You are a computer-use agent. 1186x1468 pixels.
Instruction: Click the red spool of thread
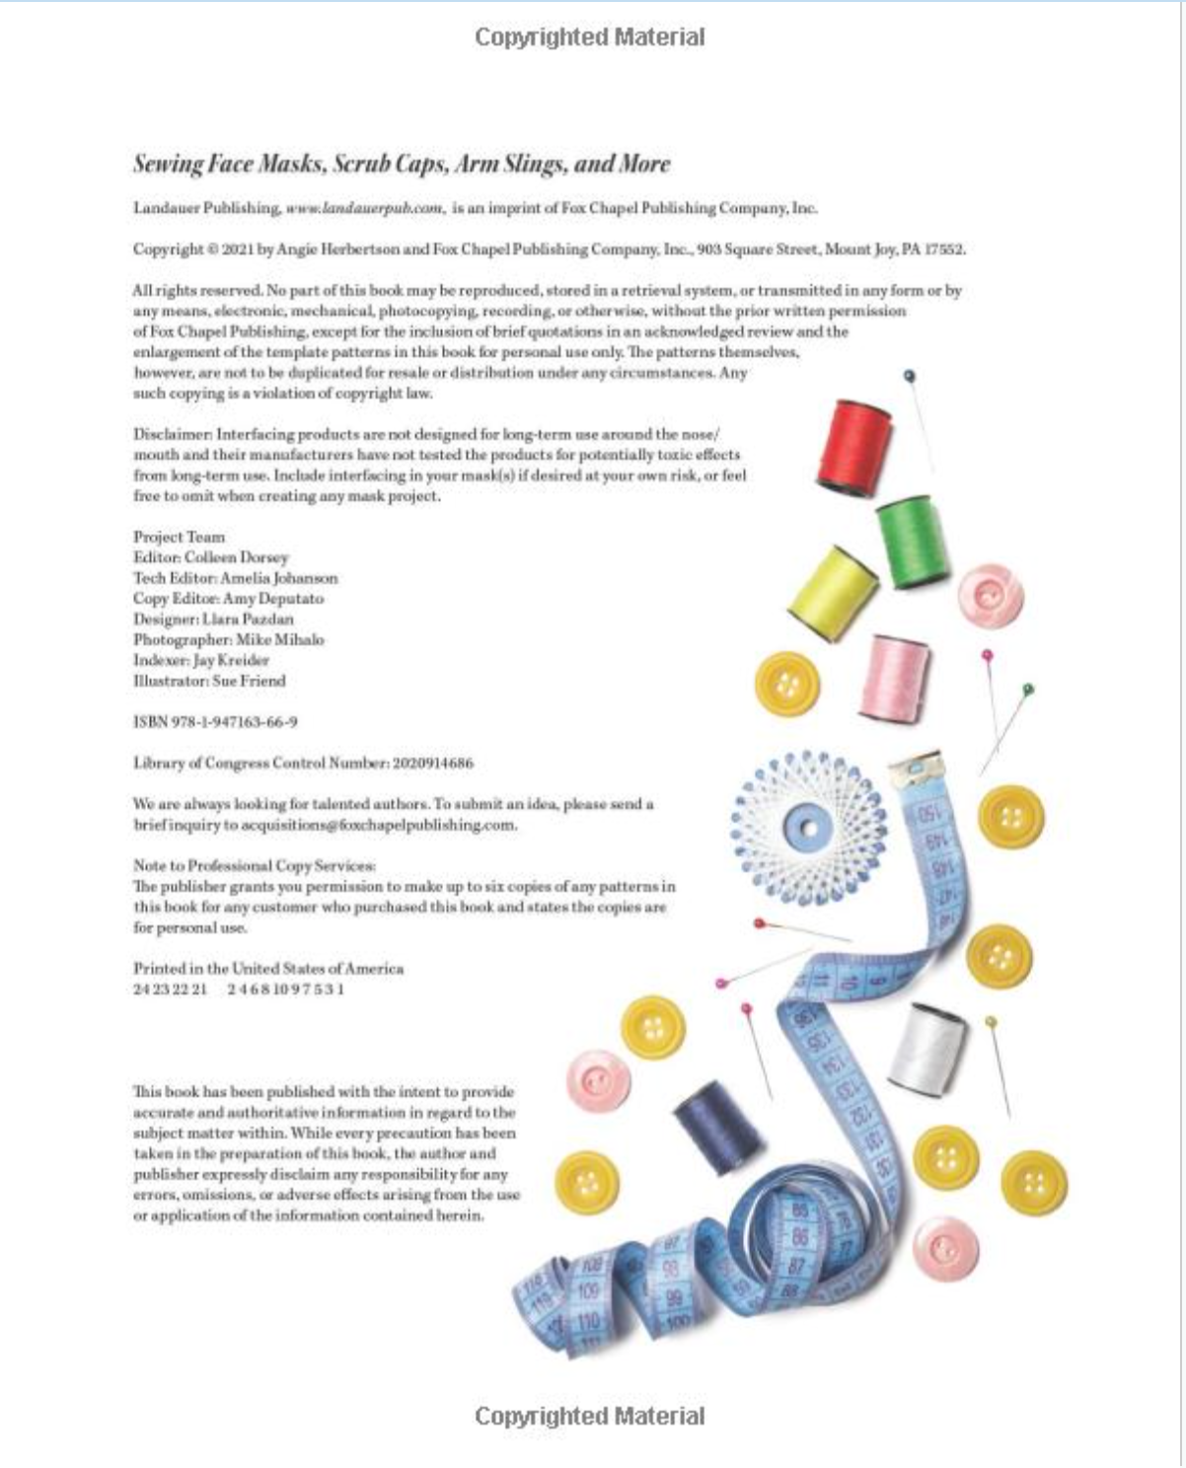854,446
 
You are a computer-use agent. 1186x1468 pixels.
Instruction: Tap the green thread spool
913,542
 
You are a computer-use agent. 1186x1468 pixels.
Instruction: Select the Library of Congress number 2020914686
432,764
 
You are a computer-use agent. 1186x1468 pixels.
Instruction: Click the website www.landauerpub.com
364,208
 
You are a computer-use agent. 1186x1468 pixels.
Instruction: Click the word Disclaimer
172,434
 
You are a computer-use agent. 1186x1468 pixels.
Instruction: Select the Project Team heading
179,537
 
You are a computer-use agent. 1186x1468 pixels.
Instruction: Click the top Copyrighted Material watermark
590,37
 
